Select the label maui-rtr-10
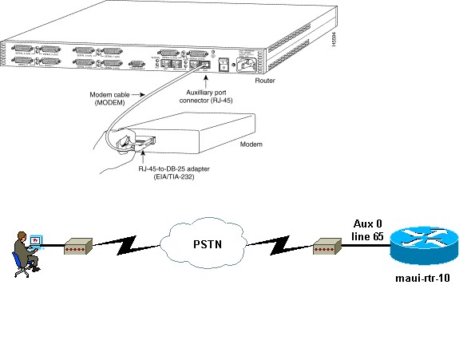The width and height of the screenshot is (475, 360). click(x=420, y=280)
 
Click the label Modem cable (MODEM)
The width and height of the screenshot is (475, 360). click(x=107, y=99)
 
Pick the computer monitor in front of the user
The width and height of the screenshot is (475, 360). click(x=36, y=239)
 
